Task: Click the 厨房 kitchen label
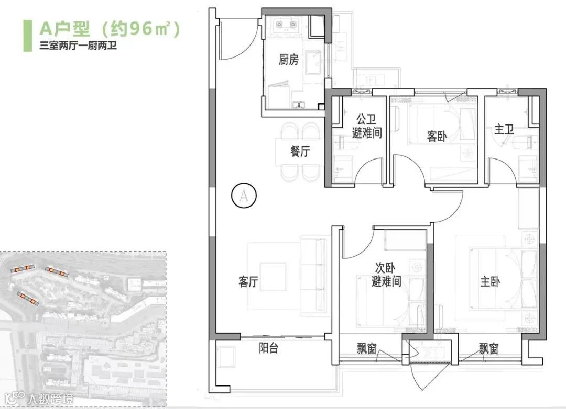[288, 60]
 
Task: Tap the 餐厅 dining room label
[300, 151]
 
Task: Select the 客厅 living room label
[248, 281]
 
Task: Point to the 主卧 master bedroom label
[490, 281]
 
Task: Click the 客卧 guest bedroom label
[437, 136]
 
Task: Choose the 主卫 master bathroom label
[504, 129]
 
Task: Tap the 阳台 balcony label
[268, 348]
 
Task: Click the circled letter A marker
[244, 196]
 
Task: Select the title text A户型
[65, 29]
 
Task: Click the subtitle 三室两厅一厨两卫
[78, 46]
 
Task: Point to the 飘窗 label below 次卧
[367, 348]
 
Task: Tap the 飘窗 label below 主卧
[489, 348]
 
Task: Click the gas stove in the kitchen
[287, 25]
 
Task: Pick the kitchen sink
[313, 63]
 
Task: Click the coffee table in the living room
[273, 277]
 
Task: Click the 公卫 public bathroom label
[366, 119]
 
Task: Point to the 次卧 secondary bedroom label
[385, 268]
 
